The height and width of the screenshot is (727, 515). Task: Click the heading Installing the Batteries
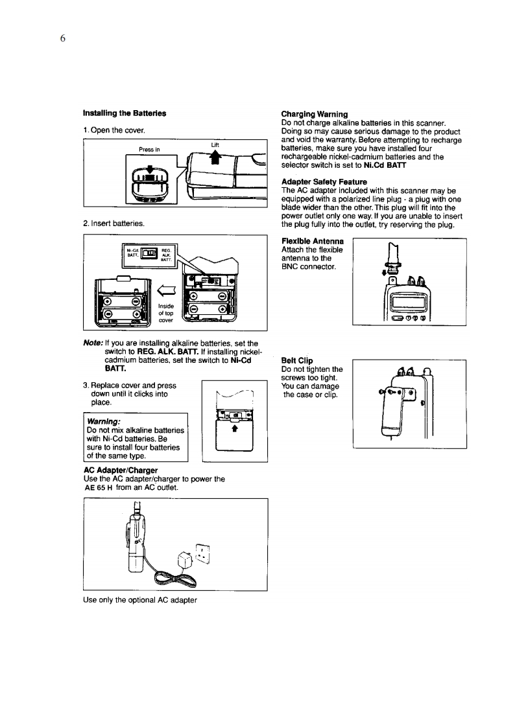click(x=123, y=113)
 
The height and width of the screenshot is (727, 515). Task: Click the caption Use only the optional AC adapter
click(x=140, y=599)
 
